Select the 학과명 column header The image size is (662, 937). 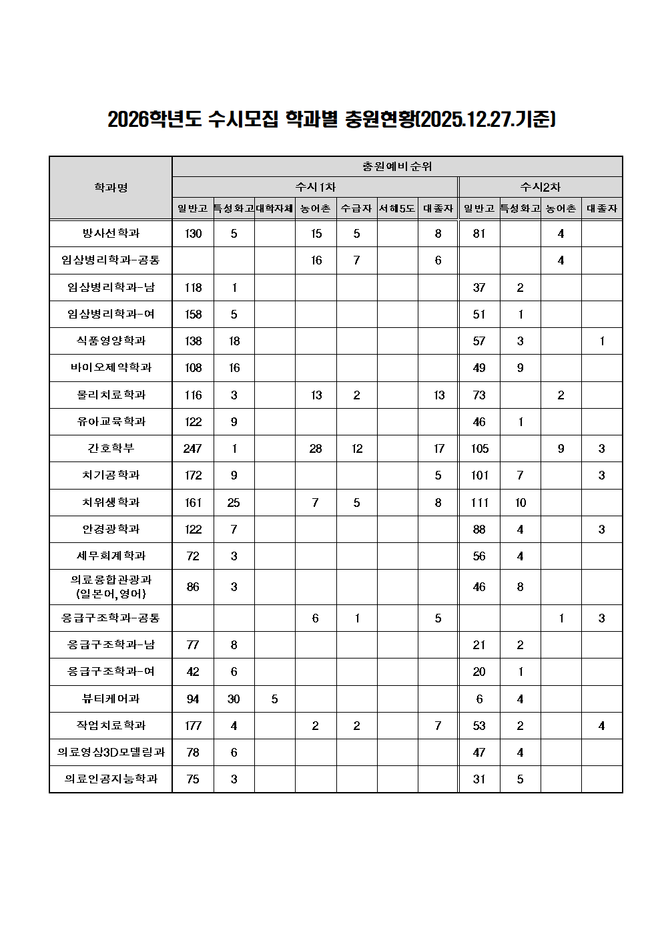[111, 188]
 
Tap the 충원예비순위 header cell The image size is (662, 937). [397, 166]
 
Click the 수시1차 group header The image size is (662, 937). [315, 187]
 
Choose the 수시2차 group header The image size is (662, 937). [541, 187]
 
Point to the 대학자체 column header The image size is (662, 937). [274, 208]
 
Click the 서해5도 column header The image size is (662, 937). [397, 208]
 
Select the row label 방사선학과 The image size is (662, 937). [111, 233]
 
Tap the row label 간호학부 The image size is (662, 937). [111, 448]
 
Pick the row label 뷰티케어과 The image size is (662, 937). [111, 699]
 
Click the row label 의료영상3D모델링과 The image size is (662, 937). [111, 752]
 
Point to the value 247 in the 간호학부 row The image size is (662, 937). [193, 449]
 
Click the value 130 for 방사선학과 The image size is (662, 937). [193, 234]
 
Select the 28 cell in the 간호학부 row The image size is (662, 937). [316, 449]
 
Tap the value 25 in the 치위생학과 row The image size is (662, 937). [234, 502]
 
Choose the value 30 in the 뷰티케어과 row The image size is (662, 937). [234, 699]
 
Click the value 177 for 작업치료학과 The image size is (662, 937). [193, 726]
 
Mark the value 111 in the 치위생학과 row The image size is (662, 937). [479, 502]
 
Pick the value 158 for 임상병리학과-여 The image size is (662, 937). [193, 315]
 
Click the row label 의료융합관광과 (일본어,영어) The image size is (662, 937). [111, 586]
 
